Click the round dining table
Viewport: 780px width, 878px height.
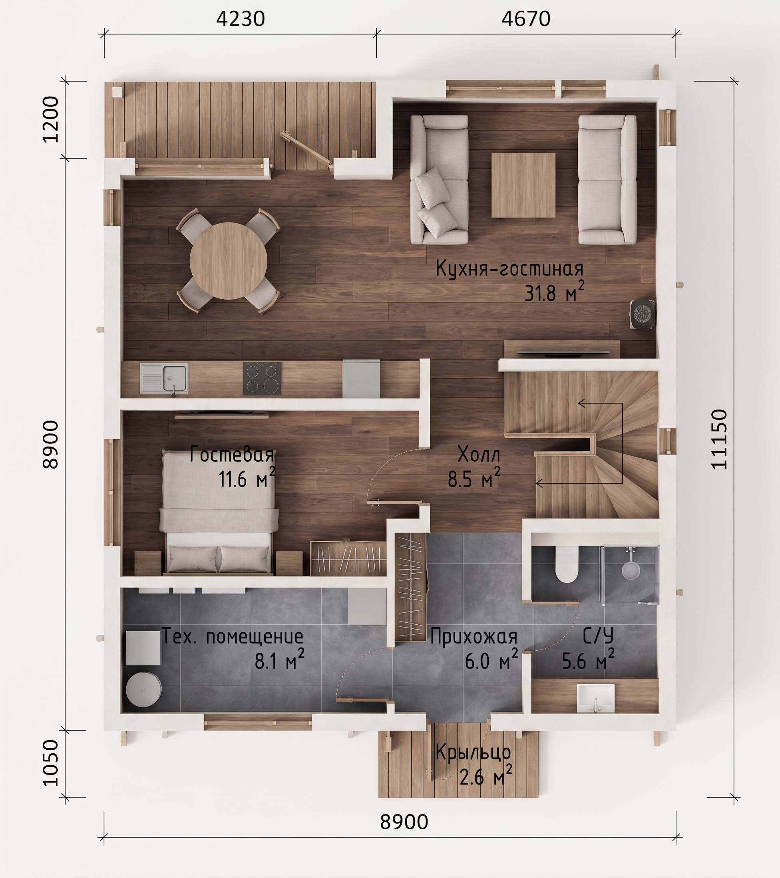pos(228,261)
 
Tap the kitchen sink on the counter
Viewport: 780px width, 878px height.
pos(164,378)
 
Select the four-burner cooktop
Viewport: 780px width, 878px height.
pos(262,378)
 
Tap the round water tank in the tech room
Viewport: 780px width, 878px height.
pos(143,689)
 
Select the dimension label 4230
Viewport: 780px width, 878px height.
pos(240,19)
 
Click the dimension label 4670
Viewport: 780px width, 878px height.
pos(526,19)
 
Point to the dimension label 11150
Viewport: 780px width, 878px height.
pos(719,439)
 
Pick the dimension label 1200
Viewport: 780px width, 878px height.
pos(51,119)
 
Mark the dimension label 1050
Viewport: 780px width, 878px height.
pos(51,763)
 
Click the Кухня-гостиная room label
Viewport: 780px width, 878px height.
pos(510,269)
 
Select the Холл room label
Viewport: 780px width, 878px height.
pos(479,454)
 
